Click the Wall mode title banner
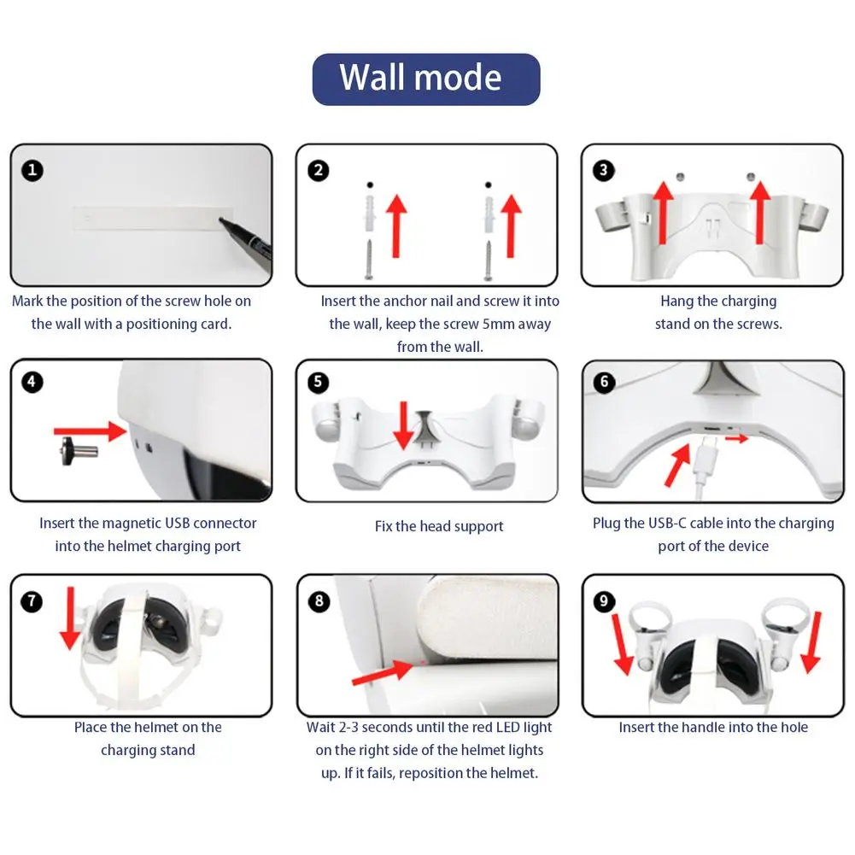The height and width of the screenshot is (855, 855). pyautogui.click(x=426, y=79)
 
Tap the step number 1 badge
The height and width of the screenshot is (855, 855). pyautogui.click(x=32, y=170)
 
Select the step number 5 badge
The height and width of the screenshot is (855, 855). pyautogui.click(x=318, y=383)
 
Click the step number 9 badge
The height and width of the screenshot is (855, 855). pyautogui.click(x=604, y=601)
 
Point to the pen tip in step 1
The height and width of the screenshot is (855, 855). pyautogui.click(x=221, y=220)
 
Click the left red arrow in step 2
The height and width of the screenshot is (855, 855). pyautogui.click(x=397, y=225)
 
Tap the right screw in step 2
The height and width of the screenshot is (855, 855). pyautogui.click(x=488, y=261)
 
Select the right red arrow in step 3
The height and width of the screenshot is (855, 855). pyautogui.click(x=759, y=213)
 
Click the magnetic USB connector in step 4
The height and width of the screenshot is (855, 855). pyautogui.click(x=79, y=451)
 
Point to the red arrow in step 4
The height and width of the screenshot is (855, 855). pyautogui.click(x=91, y=431)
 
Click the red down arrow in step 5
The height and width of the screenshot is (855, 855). pyautogui.click(x=403, y=426)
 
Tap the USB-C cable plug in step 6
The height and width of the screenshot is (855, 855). pyautogui.click(x=708, y=447)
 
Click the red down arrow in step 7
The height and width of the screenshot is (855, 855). pyautogui.click(x=70, y=618)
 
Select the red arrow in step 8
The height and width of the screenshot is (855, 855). pyautogui.click(x=383, y=672)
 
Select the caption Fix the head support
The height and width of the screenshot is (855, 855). pyautogui.click(x=439, y=527)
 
